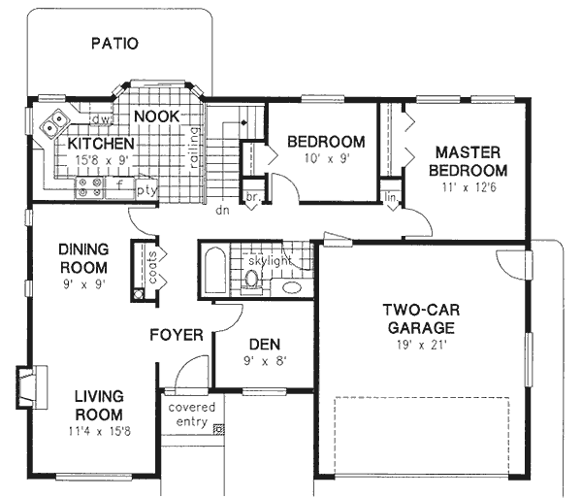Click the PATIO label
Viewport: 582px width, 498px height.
pos(114,44)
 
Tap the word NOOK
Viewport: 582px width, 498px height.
pos(156,116)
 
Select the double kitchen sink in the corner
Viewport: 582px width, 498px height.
pos(54,123)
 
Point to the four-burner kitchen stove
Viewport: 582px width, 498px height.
pos(90,186)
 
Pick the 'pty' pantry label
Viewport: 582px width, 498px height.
pos(146,189)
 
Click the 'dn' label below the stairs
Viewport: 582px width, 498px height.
pos(221,209)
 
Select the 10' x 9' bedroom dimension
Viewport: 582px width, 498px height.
pos(325,158)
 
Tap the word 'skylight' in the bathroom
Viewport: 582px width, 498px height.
pos(271,262)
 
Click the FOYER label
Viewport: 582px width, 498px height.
pos(176,336)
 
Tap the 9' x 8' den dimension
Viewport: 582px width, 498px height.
pos(264,361)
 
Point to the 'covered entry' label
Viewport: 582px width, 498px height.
pos(191,415)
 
